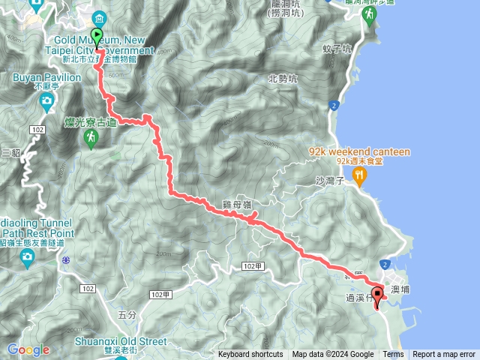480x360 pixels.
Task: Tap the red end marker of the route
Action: (377, 295)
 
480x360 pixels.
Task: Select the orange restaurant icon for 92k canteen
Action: (360, 176)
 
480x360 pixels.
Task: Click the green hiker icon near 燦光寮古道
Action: (91, 137)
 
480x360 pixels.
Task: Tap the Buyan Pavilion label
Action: (46, 77)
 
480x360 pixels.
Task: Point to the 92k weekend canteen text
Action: (360, 152)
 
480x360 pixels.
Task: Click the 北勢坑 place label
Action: (282, 78)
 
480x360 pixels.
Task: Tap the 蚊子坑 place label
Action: (337, 49)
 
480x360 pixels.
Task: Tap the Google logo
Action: (28, 349)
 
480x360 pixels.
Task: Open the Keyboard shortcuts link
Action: (250, 355)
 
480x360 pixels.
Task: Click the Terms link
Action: (393, 355)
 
